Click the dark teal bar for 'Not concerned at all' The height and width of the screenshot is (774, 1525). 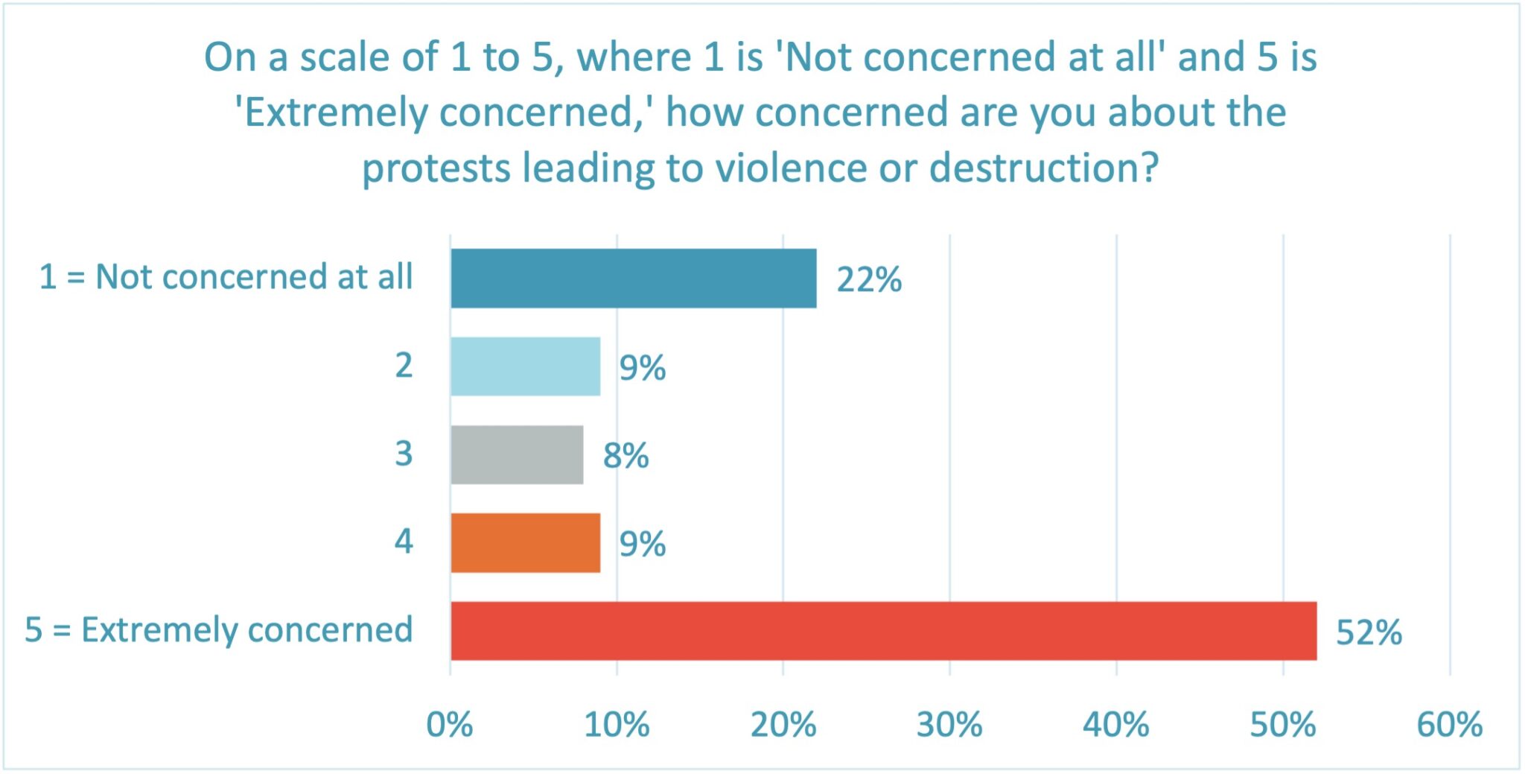(633, 278)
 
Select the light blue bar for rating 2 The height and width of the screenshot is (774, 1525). (525, 366)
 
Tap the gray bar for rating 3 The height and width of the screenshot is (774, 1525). (517, 454)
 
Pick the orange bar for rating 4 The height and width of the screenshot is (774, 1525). (525, 542)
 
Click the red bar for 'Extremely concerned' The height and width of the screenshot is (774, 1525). (883, 631)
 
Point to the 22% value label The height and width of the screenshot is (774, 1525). (868, 280)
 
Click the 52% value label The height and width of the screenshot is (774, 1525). (1368, 632)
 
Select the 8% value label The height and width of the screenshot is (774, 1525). (625, 456)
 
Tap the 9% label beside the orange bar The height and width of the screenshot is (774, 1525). (642, 544)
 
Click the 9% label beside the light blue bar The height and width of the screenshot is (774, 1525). (642, 368)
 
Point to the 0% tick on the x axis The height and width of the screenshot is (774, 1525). (449, 724)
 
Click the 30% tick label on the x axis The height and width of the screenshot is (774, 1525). (949, 724)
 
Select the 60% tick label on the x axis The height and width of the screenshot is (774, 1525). (1449, 724)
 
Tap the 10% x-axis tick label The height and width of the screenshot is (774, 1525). (617, 724)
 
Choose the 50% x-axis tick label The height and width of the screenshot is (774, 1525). (1282, 724)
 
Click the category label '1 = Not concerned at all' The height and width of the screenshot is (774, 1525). (226, 277)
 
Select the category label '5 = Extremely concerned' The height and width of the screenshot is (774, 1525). (219, 630)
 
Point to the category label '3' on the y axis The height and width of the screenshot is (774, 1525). (403, 454)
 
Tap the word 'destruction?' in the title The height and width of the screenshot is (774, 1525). (1044, 168)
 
